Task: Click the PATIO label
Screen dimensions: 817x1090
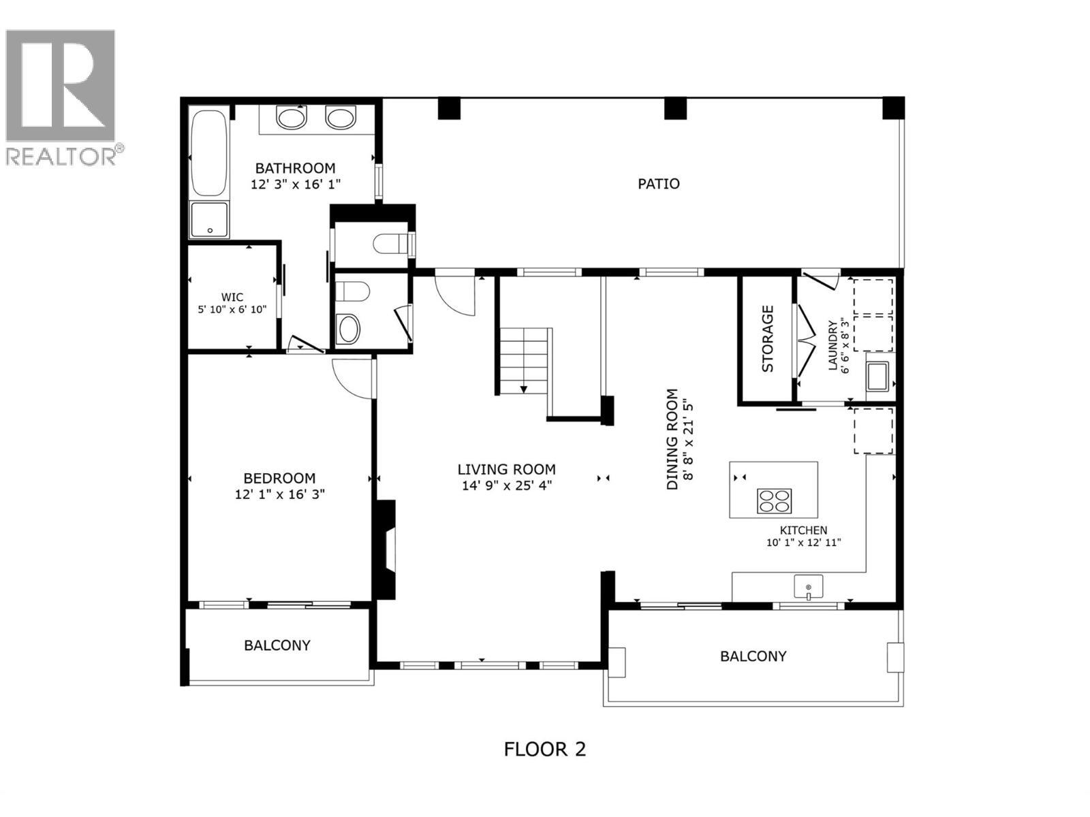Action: click(x=658, y=184)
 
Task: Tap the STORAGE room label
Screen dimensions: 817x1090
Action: click(x=768, y=338)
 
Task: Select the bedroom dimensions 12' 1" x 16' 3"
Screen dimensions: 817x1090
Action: click(x=279, y=494)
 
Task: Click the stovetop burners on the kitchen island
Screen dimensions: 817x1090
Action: click(x=774, y=500)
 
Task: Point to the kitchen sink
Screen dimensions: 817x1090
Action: click(x=808, y=587)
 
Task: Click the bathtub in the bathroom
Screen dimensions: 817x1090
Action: click(x=208, y=153)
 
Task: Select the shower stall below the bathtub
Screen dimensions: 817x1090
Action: click(x=209, y=219)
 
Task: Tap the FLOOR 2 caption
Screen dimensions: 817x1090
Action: click(x=544, y=749)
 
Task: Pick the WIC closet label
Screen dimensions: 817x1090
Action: click(x=232, y=298)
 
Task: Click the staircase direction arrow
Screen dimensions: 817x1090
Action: click(x=524, y=388)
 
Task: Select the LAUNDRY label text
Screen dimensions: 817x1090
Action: click(x=832, y=345)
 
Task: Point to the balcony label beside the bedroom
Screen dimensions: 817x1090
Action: click(x=277, y=645)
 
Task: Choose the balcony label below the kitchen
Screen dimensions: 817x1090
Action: click(x=753, y=656)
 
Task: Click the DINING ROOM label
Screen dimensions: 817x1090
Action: click(x=672, y=439)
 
